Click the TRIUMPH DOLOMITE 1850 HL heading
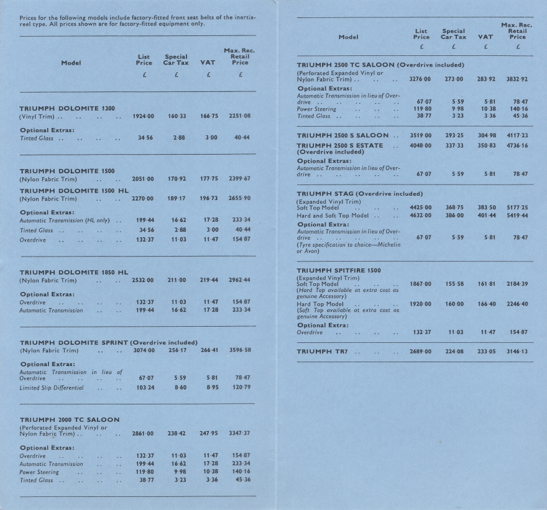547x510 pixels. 74,272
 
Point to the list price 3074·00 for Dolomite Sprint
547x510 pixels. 144,350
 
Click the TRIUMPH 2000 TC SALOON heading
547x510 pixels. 70,420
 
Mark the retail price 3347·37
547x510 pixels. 239,433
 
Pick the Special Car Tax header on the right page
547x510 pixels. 454,34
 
